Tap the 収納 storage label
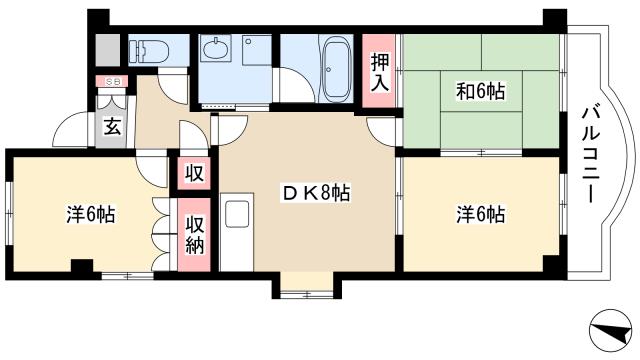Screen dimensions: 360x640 (196, 234)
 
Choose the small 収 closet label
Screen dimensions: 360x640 (196, 172)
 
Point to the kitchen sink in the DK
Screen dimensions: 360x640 (237, 215)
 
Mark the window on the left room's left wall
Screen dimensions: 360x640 (8, 213)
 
